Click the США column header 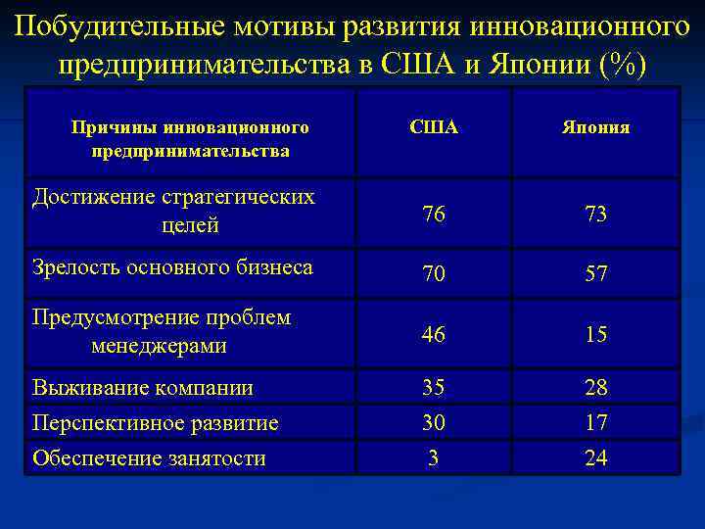point(433,128)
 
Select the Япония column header point(595,128)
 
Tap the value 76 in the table point(433,215)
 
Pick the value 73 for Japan point(595,215)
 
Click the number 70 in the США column point(433,274)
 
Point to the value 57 point(595,274)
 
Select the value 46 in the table point(433,335)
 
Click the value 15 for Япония point(595,335)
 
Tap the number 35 point(433,387)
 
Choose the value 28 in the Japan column point(595,387)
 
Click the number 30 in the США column point(433,422)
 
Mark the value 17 point(595,422)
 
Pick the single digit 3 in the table point(433,457)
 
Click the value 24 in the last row point(595,457)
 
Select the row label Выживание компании point(143,388)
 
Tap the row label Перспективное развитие point(156,423)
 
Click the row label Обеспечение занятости point(149,457)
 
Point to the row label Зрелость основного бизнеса point(172,266)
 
